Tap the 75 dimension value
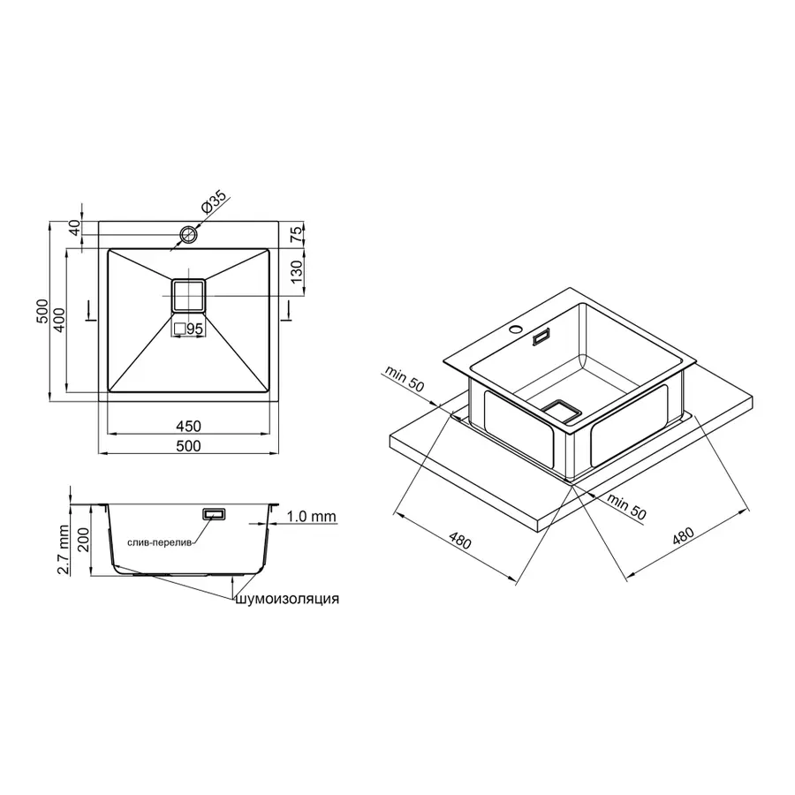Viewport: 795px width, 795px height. (297, 234)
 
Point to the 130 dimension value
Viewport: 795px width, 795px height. (297, 271)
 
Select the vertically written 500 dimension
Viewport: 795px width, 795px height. (41, 311)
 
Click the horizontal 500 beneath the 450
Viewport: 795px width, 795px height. (188, 446)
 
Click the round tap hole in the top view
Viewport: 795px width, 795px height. (188, 234)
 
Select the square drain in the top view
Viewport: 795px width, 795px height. (187, 294)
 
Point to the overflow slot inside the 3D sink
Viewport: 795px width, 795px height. (541, 336)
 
